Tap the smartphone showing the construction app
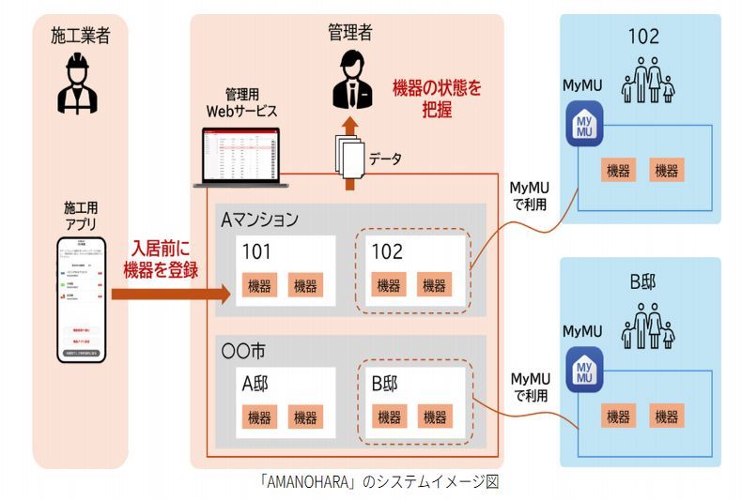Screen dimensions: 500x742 (78, 301)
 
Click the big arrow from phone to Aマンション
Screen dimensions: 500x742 (169, 294)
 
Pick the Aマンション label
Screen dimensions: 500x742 (259, 220)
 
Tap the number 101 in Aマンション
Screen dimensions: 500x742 (256, 251)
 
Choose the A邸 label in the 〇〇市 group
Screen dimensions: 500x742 (256, 383)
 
